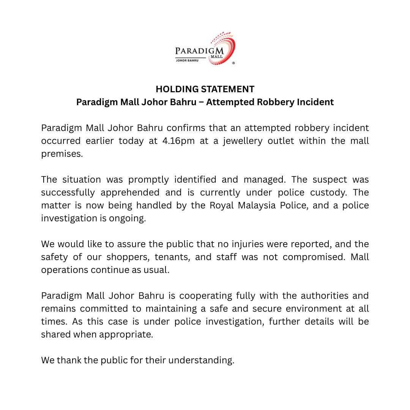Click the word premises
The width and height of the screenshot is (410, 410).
click(62, 154)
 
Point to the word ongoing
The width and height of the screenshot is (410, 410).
click(127, 218)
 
